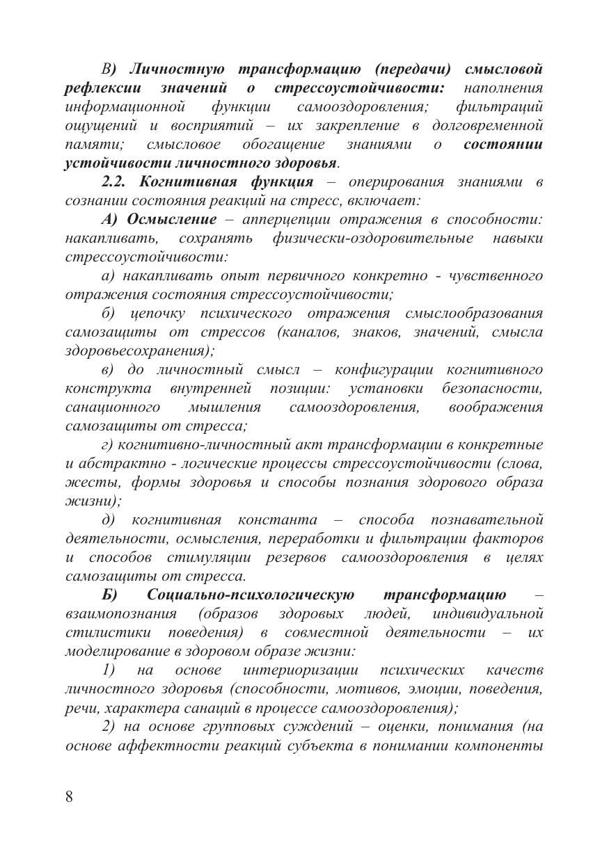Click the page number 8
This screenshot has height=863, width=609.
(x=69, y=797)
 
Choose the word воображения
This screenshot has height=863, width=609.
(x=496, y=407)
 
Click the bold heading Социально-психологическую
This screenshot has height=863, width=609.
(x=251, y=595)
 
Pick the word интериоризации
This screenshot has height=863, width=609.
(x=301, y=670)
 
